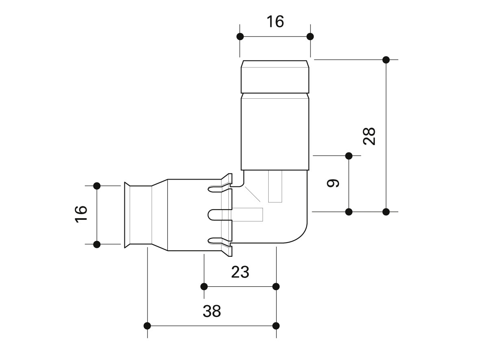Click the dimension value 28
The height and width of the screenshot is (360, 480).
(x=369, y=136)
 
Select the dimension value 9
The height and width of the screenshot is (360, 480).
(x=333, y=183)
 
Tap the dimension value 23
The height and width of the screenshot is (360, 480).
(x=240, y=272)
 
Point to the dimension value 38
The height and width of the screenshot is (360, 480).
(x=212, y=311)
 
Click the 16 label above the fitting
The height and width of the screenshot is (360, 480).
(x=275, y=22)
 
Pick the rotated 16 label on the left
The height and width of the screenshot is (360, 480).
(x=81, y=214)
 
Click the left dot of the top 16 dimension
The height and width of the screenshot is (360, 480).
(x=240, y=37)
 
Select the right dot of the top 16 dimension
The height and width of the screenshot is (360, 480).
(x=310, y=37)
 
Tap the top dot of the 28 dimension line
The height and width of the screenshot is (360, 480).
(x=386, y=60)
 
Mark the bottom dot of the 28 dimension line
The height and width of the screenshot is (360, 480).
(x=386, y=212)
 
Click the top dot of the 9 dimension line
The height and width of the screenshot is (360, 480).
(x=349, y=156)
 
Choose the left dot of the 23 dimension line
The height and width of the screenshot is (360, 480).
(x=204, y=286)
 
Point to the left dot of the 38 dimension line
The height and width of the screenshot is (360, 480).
(x=147, y=326)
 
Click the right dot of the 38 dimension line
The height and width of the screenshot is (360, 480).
(x=276, y=326)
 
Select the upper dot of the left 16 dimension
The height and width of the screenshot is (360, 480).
(x=97, y=186)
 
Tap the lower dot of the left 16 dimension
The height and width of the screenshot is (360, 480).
(x=97, y=244)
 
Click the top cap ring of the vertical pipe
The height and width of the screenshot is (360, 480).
(x=275, y=77)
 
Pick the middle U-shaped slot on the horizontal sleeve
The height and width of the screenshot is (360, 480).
(x=220, y=215)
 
